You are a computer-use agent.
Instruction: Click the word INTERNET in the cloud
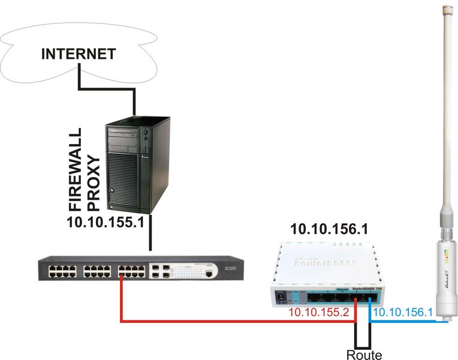pos(78,54)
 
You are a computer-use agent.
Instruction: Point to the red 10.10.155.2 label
pos(318,313)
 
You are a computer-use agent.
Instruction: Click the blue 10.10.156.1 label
pos(402,313)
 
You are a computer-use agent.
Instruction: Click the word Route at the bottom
pos(364,355)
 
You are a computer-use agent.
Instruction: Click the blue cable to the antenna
pos(414,322)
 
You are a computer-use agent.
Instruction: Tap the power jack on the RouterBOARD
pos(279,296)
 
